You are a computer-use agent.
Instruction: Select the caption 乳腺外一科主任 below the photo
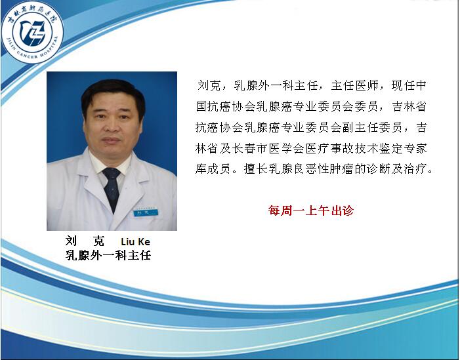108,255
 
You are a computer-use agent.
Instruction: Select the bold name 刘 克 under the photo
85,241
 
